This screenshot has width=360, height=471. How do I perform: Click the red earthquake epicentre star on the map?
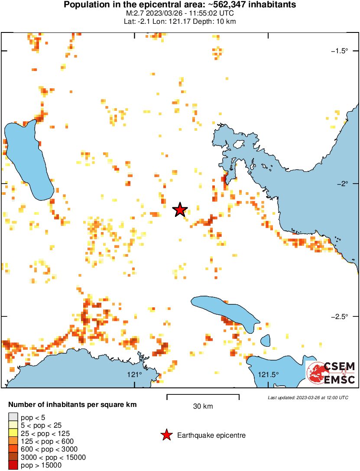click(x=180, y=210)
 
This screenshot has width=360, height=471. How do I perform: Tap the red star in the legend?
click(x=166, y=436)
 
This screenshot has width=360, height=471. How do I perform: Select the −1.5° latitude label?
click(x=339, y=51)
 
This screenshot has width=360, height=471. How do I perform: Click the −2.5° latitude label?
click(x=339, y=317)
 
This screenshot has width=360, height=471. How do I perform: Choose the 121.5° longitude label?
click(x=269, y=374)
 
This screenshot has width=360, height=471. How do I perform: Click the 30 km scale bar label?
click(x=203, y=406)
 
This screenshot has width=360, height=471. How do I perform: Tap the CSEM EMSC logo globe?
click(x=315, y=373)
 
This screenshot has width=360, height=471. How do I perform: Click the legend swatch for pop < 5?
click(x=13, y=417)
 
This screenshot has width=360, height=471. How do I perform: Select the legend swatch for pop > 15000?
click(x=13, y=465)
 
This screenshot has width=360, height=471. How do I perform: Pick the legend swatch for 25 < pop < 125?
click(x=13, y=433)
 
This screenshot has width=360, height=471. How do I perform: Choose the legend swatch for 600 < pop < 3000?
click(x=13, y=449)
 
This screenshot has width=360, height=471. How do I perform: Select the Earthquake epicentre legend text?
click(x=211, y=436)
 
